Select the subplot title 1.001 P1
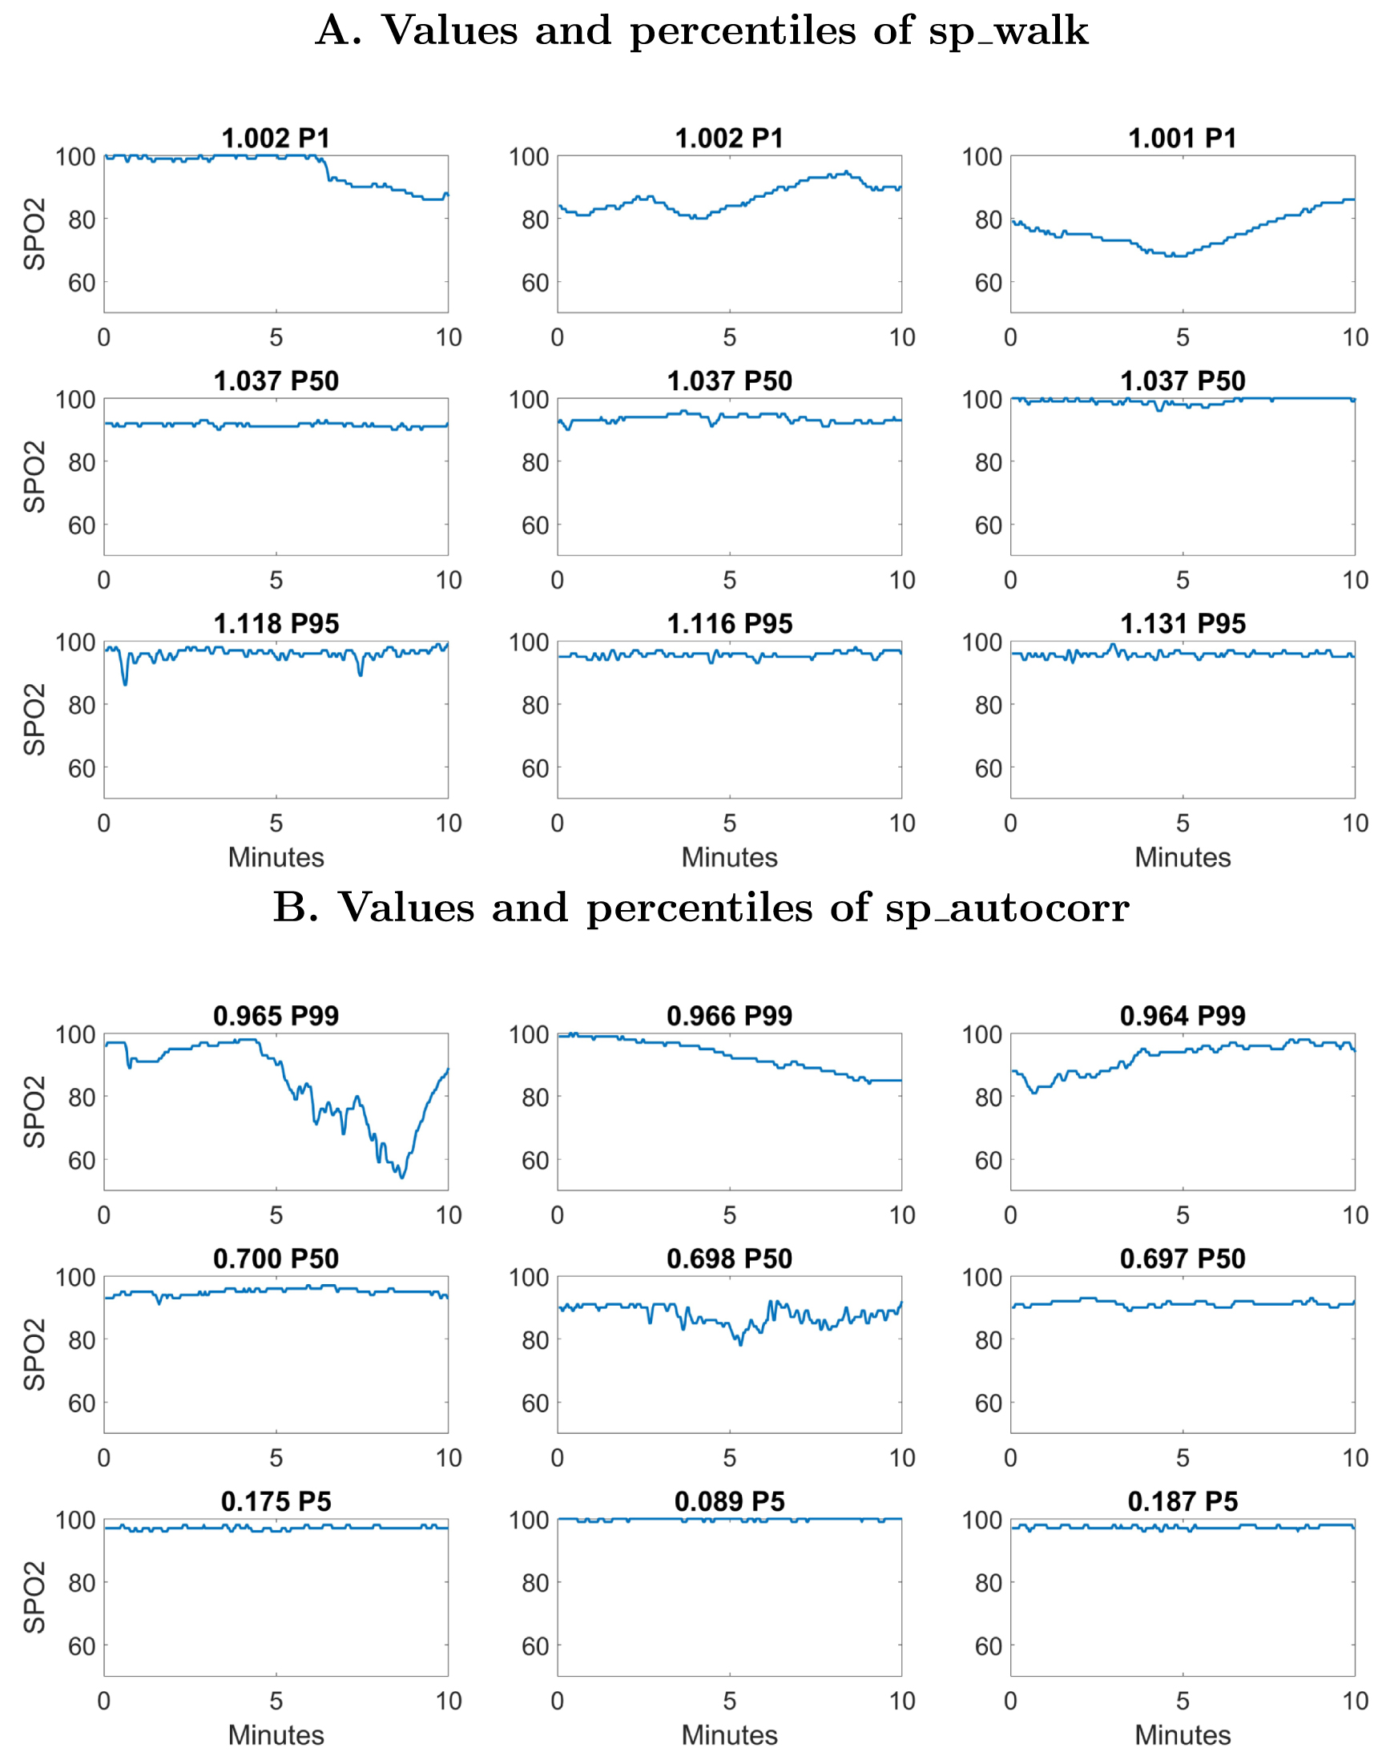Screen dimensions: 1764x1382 point(1183,139)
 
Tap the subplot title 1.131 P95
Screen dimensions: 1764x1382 point(1183,624)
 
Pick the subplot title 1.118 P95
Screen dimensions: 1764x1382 point(276,624)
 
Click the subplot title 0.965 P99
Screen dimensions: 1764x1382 point(276,1017)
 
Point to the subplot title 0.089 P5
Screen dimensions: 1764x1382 point(729,1502)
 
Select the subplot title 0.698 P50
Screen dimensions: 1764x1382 point(729,1259)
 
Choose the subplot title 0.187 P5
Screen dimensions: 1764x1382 point(1183,1502)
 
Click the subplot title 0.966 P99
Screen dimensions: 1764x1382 point(729,1017)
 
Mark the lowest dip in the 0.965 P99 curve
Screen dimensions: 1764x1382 point(402,1177)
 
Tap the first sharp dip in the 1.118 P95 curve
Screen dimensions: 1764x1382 point(126,684)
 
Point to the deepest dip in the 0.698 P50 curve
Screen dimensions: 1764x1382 point(739,1344)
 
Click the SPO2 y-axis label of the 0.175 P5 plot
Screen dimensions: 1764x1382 point(34,1597)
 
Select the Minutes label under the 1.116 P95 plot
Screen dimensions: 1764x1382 point(729,858)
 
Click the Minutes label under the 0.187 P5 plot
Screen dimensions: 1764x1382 point(1183,1736)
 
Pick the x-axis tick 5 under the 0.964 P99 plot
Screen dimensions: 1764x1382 point(1183,1215)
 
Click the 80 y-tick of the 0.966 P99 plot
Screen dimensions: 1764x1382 point(535,1098)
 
